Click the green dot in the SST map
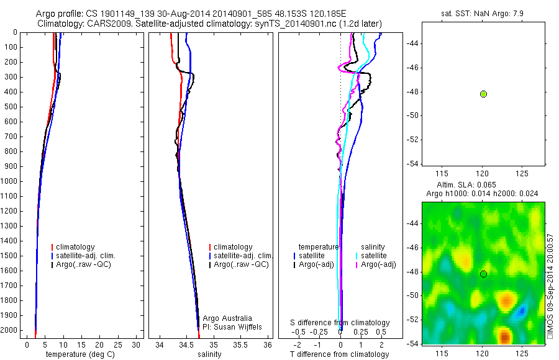pos(483,94)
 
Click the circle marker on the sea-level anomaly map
pos(483,274)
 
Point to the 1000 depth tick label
pos(9,181)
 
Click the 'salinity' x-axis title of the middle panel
pos(209,354)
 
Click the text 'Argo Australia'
pos(227,318)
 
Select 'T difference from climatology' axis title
pos(339,354)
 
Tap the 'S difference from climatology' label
pos(340,323)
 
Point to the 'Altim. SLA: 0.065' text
pos(482,185)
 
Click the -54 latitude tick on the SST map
pos(412,164)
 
